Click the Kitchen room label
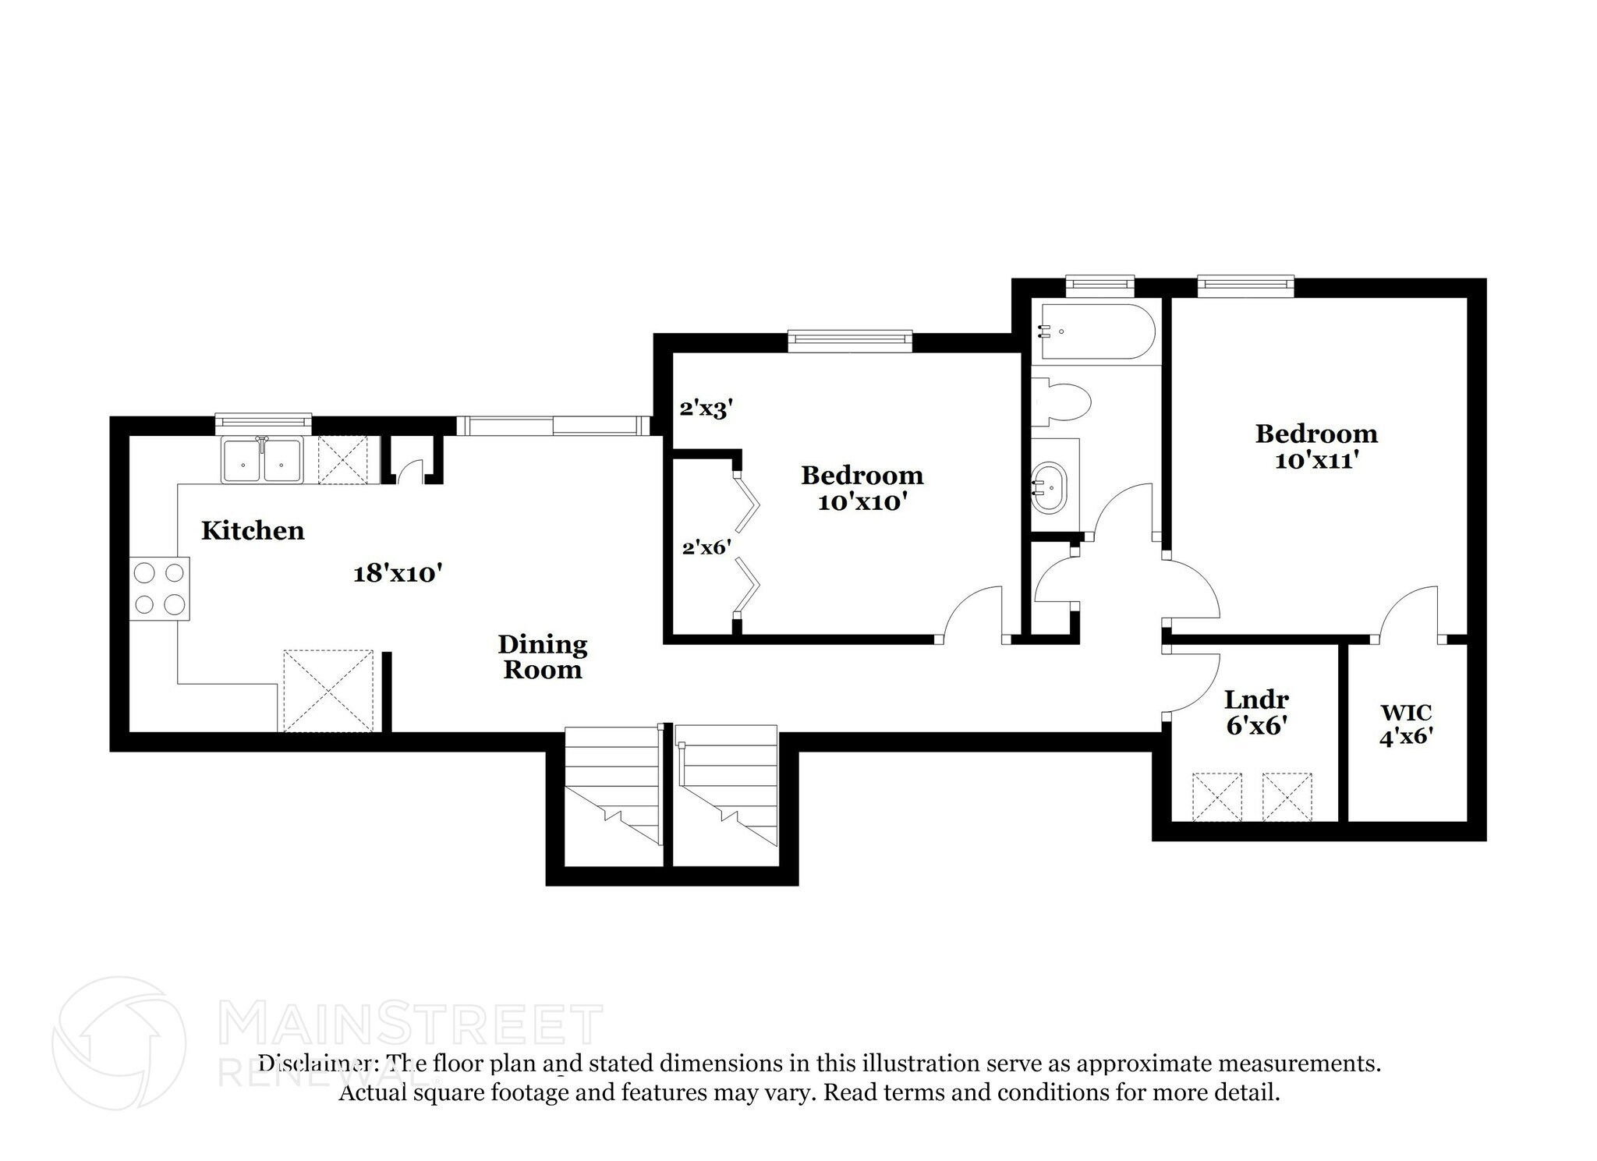pos(253,531)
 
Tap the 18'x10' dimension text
pos(398,574)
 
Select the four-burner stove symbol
pos(159,589)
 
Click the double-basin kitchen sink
pos(262,461)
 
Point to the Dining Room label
pos(542,657)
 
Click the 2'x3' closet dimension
pos(706,408)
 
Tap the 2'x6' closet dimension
pos(706,547)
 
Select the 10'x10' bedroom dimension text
pos(862,502)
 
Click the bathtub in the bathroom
pos(1096,331)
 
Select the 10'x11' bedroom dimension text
pos(1316,461)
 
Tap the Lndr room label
pos(1255,699)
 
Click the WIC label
pos(1406,713)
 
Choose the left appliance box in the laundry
pos(1216,796)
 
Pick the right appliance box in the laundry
pos(1287,796)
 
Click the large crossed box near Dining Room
pos(328,691)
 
